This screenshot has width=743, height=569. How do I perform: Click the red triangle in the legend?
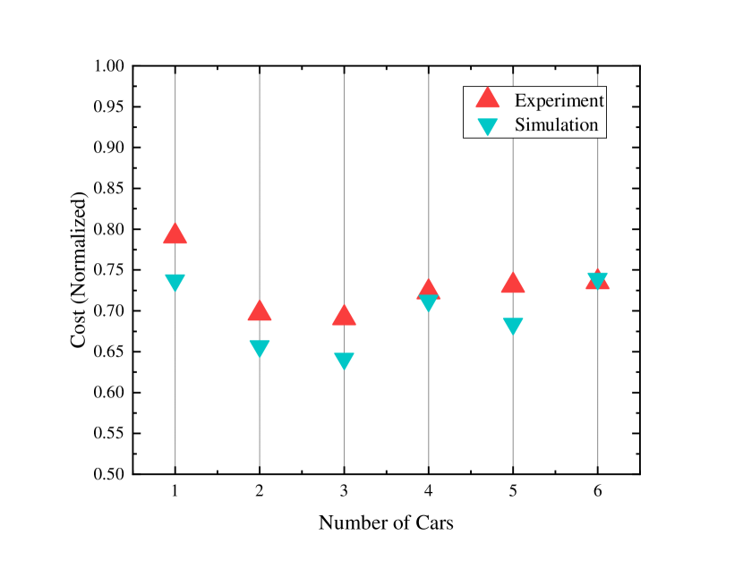click(487, 98)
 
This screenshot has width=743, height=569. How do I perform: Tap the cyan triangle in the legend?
click(487, 126)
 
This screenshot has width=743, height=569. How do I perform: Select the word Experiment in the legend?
click(559, 100)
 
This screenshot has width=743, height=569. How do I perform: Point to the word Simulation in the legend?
click(556, 125)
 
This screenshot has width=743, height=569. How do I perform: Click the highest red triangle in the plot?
click(175, 234)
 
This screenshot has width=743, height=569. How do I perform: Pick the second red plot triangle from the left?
click(260, 311)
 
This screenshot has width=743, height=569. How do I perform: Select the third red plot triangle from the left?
click(344, 316)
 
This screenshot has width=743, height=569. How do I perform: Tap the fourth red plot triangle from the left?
click(429, 289)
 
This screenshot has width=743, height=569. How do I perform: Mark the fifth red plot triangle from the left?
click(513, 284)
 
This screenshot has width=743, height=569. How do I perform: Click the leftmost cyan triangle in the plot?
click(175, 282)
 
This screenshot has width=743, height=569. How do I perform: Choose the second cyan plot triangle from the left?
click(260, 348)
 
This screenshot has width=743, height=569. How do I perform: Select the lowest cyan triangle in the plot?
click(344, 361)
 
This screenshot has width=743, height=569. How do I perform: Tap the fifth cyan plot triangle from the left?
click(513, 326)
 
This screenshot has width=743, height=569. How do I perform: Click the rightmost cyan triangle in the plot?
click(597, 280)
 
